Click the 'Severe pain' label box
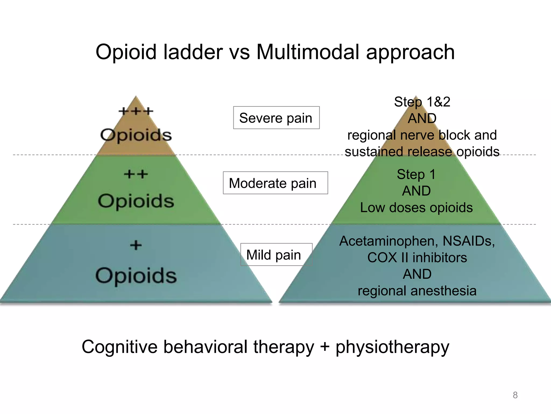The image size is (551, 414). tap(276, 118)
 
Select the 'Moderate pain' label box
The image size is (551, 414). tap(275, 183)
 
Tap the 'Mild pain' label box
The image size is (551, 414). tap(276, 255)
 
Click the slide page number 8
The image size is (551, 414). tap(515, 395)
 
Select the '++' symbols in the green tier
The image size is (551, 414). tap(136, 174)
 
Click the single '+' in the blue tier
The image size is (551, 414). tap(136, 245)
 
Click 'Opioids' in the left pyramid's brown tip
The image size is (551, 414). tap(136, 135)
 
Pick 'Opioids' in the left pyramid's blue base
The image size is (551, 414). tap(136, 275)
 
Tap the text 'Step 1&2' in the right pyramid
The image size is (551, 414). tap(422, 102)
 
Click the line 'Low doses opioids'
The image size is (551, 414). tap(416, 208)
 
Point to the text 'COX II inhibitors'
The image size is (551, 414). tap(417, 257)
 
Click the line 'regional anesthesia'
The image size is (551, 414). tap(417, 291)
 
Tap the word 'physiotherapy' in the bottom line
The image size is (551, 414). tap(392, 347)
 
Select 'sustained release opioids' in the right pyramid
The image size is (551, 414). tap(422, 151)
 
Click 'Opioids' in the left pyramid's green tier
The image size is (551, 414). tap(136, 201)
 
